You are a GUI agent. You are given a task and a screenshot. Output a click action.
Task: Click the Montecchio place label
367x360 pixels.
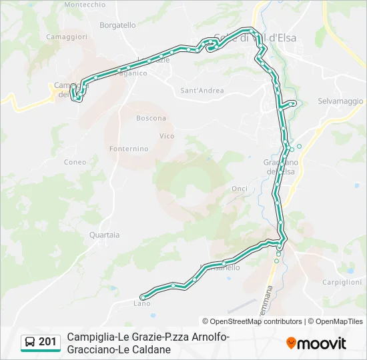[85, 4]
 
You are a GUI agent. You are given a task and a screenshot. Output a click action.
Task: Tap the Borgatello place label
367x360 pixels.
[117, 25]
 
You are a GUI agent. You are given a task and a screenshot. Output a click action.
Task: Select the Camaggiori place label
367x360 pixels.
[67, 37]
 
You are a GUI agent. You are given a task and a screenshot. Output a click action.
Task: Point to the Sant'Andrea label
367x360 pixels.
[202, 90]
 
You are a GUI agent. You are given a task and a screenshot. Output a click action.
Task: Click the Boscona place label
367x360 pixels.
[151, 118]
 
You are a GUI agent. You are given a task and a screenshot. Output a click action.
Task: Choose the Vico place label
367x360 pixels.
[167, 136]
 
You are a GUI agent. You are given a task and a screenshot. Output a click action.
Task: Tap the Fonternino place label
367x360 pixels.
[129, 149]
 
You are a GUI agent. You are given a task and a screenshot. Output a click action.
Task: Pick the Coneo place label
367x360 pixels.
[75, 162]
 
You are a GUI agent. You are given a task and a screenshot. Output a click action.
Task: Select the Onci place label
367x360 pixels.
[240, 189]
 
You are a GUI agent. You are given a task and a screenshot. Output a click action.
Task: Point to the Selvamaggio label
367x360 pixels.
[340, 101]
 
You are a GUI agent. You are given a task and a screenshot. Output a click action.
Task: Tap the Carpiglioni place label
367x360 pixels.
[342, 282]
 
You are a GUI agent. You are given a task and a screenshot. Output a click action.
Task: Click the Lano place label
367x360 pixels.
[141, 304]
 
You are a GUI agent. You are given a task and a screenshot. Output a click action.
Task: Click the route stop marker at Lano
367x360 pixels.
[141, 297]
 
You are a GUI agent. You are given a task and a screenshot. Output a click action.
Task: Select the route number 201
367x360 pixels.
[47, 342]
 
